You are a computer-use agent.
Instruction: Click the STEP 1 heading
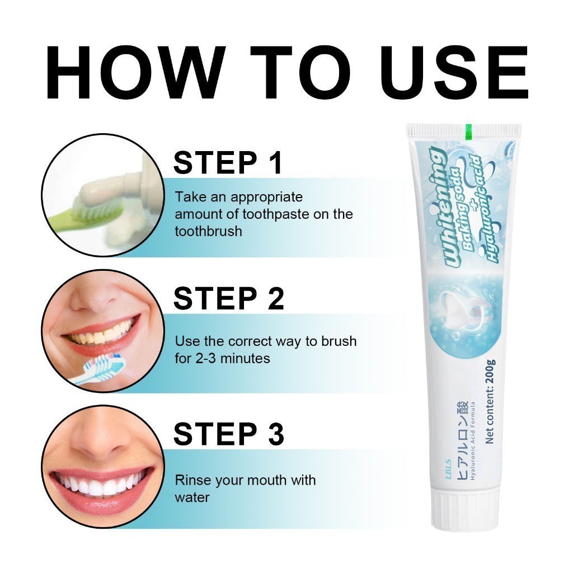[228, 163]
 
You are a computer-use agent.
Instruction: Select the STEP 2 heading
[229, 299]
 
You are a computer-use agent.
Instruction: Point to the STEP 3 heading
[229, 434]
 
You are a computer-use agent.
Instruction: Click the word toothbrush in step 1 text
[208, 231]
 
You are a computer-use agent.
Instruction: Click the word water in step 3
[192, 497]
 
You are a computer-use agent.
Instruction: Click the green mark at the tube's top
[469, 131]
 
